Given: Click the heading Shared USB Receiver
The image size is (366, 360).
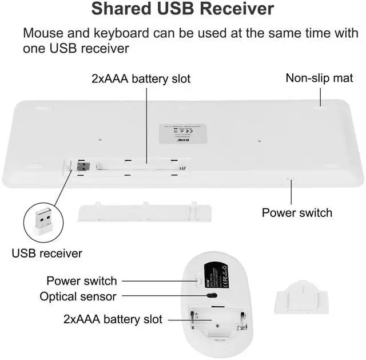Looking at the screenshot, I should pyautogui.click(x=183, y=9).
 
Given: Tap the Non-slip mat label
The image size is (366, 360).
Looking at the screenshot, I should pyautogui.click(x=320, y=78).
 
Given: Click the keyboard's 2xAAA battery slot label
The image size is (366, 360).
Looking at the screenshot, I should pyautogui.click(x=141, y=78).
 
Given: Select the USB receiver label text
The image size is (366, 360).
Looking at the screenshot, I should pyautogui.click(x=47, y=253).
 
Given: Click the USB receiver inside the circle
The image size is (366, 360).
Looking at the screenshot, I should pyautogui.click(x=43, y=219).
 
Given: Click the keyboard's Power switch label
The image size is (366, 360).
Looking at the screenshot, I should pyautogui.click(x=297, y=212).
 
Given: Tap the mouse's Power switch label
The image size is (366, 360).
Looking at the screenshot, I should pyautogui.click(x=81, y=280).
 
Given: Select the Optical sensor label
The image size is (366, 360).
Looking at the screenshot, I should pyautogui.click(x=78, y=296).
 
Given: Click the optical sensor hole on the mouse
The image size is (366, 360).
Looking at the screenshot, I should pyautogui.click(x=212, y=296).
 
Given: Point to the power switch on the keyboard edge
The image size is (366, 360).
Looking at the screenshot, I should pyautogui.click(x=291, y=179).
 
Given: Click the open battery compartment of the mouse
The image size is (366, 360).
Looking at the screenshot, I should pyautogui.click(x=220, y=325).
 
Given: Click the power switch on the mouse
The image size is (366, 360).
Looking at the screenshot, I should pyautogui.click(x=200, y=280).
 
